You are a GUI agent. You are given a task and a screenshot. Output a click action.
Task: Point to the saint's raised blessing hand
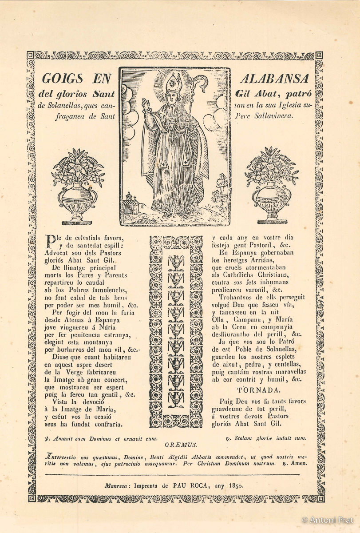pyautogui.click(x=145, y=105)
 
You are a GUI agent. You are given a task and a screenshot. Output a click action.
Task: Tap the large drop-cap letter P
pyautogui.click(x=51, y=240)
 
